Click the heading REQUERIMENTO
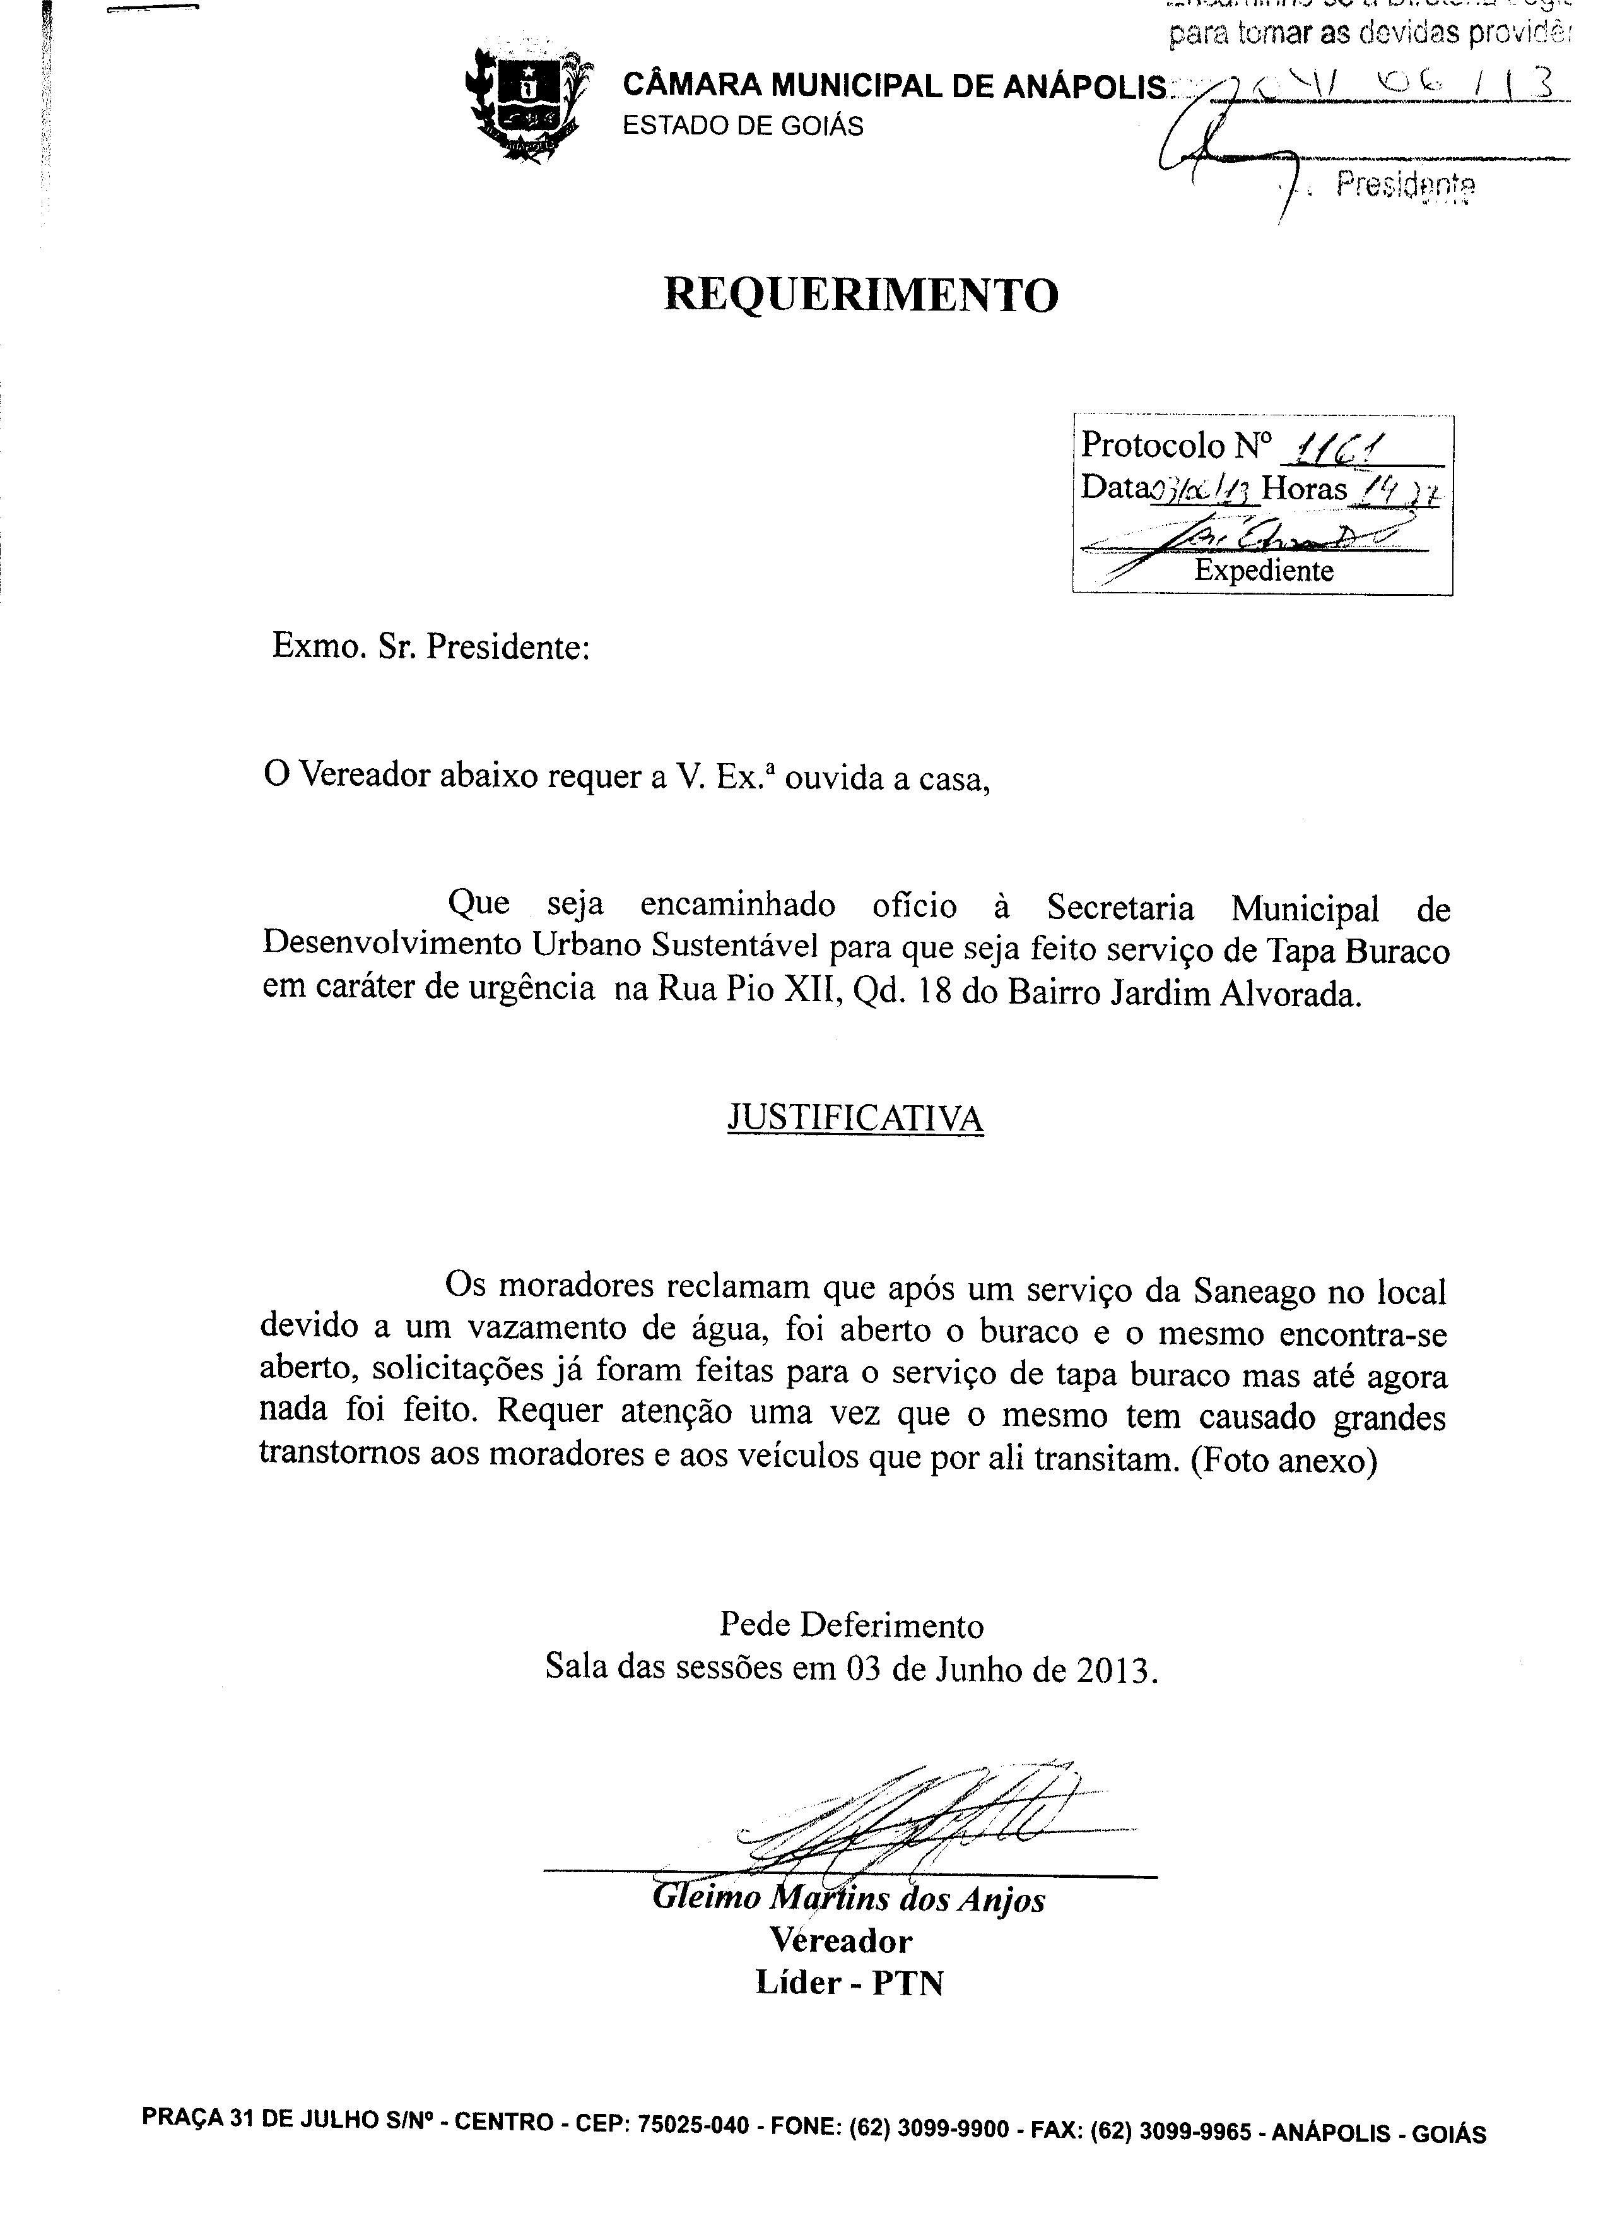tap(860, 294)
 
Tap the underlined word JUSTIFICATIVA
tap(855, 1118)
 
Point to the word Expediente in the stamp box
tap(1263, 571)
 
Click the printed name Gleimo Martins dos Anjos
tap(848, 1898)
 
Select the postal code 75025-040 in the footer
tap(693, 2124)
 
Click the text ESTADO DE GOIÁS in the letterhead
tap(743, 127)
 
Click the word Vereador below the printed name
tap(841, 1940)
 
